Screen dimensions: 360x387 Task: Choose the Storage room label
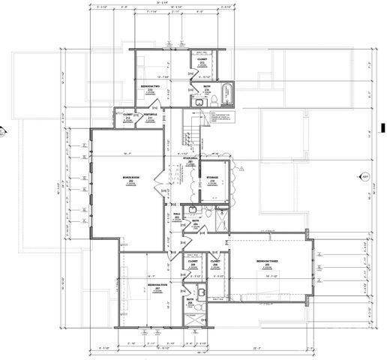(212, 179)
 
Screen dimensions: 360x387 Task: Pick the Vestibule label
(150, 115)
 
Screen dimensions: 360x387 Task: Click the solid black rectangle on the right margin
(382, 127)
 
